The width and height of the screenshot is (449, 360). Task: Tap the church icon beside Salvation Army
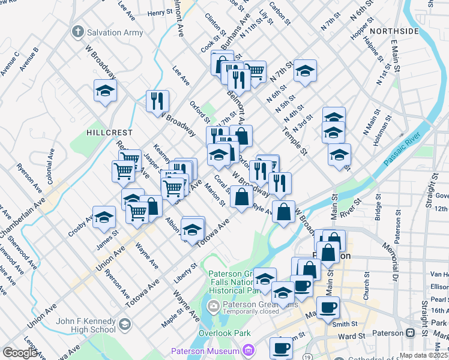point(77,31)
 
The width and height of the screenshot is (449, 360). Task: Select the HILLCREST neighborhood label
point(107,132)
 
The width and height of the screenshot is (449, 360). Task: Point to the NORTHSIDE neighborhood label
point(394,31)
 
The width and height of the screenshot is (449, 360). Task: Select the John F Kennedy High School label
point(85,325)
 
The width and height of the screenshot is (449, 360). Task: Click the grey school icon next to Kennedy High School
point(124,325)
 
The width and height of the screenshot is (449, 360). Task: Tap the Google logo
point(20,353)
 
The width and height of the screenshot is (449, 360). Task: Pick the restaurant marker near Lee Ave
point(157,100)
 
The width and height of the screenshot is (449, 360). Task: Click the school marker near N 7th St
point(305,70)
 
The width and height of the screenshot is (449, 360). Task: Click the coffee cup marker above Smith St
point(327,307)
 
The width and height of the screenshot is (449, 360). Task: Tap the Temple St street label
point(294,140)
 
